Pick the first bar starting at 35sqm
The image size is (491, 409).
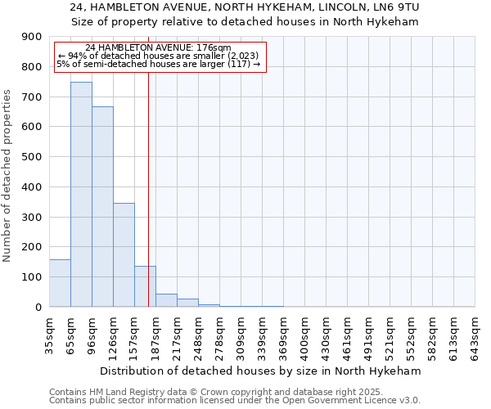click(60, 283)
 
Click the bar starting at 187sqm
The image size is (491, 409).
click(166, 300)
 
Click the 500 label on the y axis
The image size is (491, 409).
click(32, 157)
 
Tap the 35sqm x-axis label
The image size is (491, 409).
click(50, 332)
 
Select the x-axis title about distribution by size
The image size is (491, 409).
click(261, 371)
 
